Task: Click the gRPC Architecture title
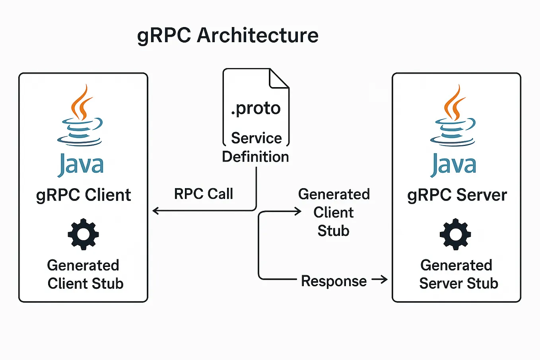227,35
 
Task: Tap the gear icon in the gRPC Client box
83,234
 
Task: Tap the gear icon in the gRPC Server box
455,234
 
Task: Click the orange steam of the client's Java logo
81,103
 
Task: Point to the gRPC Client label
84,195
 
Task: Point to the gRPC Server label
457,195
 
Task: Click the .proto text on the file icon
256,108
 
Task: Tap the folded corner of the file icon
278,79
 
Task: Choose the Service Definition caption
256,147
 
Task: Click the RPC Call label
204,194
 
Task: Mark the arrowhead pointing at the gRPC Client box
155,211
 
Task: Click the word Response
334,281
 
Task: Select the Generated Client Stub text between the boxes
334,212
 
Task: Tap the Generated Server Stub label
458,274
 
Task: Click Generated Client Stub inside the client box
85,274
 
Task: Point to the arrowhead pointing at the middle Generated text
298,212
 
